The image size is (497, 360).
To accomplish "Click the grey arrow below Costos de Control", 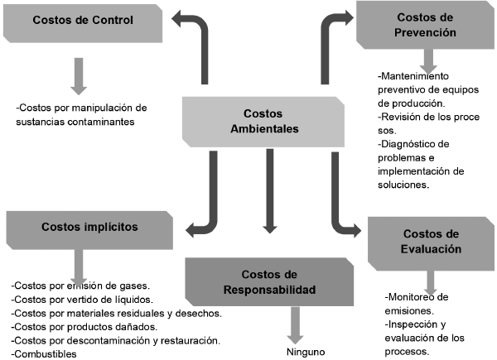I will [78, 74].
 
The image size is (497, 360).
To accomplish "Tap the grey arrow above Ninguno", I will [294, 324].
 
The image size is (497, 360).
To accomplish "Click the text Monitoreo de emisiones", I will [418, 303].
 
